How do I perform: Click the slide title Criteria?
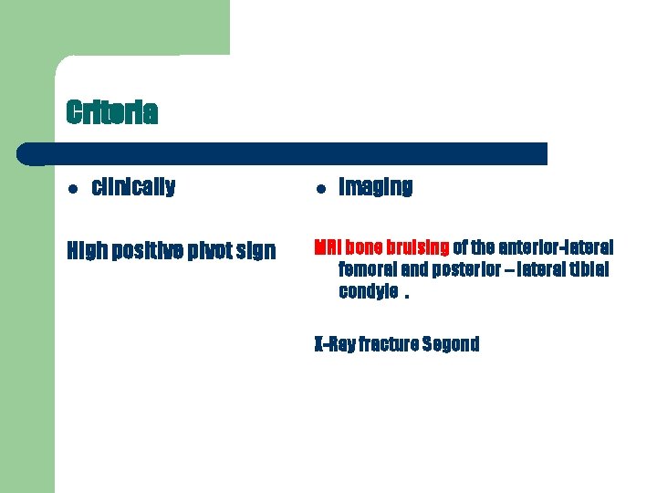point(111,113)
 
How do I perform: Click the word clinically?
point(133,187)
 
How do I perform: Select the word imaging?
point(375,187)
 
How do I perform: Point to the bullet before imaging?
point(320,189)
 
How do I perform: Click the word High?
point(87,249)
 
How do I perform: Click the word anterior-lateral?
point(556,247)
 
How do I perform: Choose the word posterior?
point(467,269)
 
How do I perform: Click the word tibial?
point(589,269)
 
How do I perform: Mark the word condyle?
point(368,292)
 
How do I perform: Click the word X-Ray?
point(334,344)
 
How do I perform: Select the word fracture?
point(390,344)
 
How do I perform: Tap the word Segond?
point(451,344)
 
